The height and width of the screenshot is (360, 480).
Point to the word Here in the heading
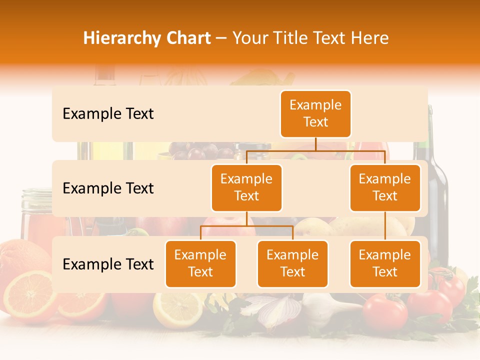370,38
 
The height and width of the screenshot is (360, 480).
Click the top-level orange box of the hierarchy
315,114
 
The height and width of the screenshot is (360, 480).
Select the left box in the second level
246,188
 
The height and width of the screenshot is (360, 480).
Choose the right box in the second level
385,188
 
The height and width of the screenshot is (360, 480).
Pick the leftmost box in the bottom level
200,264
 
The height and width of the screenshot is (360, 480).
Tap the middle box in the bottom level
292,264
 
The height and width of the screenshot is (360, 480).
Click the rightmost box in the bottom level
385,264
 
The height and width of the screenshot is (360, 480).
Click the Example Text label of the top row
108,114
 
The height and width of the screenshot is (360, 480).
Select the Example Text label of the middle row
108,188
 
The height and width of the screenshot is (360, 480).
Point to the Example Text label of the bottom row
108,264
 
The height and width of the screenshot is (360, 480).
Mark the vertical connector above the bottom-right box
385,226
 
